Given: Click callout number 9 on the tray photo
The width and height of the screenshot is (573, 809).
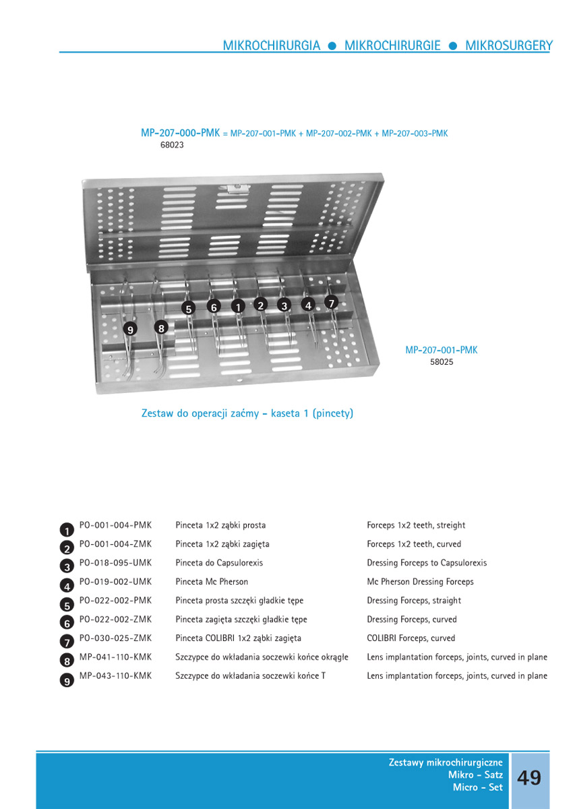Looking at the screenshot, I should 130,329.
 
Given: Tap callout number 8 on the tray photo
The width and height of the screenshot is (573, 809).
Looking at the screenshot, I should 160,328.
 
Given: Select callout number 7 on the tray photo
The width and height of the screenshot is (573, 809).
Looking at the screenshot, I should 331,303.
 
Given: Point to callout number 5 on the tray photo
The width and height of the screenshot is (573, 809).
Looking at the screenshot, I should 189,308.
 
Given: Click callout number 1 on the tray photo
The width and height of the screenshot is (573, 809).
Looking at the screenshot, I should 237,306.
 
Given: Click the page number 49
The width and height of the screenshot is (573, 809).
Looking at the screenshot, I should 529,777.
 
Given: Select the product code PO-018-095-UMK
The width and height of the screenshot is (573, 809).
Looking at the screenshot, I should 115,563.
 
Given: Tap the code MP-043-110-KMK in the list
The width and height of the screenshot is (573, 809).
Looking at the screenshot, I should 115,676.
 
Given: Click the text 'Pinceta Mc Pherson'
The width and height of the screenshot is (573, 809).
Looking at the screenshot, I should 212,582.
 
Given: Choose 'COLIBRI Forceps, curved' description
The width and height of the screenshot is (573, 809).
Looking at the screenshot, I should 411,638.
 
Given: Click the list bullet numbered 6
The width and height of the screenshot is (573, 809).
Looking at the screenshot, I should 67,624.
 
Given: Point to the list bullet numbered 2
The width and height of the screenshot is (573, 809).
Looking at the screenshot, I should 67,549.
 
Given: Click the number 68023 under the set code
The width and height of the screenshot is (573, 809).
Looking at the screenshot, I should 172,144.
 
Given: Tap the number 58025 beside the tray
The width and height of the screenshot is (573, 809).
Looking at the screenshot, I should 442,362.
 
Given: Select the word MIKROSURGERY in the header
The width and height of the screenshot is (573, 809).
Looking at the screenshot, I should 508,46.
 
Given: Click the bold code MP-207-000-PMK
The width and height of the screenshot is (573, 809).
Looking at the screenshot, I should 180,133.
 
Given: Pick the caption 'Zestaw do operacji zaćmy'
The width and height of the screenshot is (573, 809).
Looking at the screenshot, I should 202,413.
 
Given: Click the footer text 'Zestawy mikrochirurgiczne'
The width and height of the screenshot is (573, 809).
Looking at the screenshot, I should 446,762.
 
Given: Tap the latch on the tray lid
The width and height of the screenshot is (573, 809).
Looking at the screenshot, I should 233,188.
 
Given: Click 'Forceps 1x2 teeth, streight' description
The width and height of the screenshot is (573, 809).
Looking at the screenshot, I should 416,525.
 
